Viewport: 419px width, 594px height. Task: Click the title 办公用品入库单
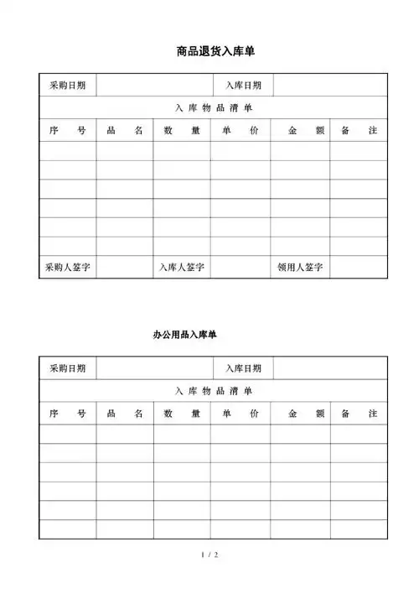(185, 335)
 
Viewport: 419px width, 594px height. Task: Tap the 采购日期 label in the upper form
(67, 85)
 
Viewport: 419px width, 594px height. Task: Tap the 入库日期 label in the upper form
(243, 85)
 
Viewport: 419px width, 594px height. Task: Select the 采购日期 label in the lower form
(67, 368)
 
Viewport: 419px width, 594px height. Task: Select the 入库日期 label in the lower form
(243, 368)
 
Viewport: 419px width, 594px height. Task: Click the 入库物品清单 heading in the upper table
(214, 107)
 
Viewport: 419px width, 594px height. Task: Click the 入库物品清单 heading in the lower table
(214, 391)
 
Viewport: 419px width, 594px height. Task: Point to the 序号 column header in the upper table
(67, 131)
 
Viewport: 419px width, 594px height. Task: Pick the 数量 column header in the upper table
(182, 131)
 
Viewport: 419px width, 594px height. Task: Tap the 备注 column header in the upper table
(360, 131)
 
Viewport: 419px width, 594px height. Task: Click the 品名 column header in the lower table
(124, 414)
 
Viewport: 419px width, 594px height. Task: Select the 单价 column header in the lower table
(241, 414)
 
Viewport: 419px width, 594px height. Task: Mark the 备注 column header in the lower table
(360, 414)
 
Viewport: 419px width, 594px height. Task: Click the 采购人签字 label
(68, 268)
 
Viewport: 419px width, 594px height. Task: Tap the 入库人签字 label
(183, 268)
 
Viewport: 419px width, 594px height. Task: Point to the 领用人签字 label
(300, 268)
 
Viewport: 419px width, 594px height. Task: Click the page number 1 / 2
(210, 555)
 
